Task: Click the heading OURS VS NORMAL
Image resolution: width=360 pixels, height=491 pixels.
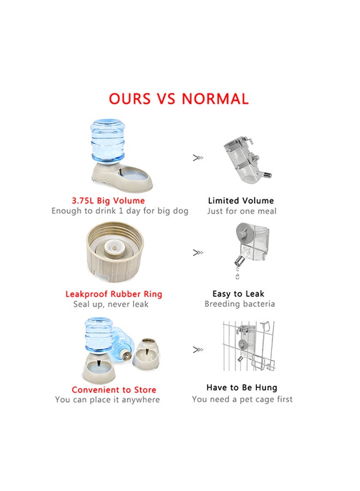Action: [178, 99]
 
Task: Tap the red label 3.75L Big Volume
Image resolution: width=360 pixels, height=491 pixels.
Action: [108, 201]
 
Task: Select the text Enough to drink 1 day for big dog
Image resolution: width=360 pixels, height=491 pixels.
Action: [120, 211]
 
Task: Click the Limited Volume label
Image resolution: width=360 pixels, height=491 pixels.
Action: [241, 201]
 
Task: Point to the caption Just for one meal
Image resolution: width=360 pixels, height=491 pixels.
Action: [242, 211]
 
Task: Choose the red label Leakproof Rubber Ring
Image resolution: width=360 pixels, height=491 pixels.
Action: [113, 294]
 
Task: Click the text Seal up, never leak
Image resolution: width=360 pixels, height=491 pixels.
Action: [111, 304]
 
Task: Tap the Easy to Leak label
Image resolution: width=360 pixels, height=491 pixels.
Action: [239, 294]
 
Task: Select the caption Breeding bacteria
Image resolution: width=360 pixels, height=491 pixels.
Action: [239, 304]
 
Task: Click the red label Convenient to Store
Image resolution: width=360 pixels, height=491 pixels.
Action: [113, 390]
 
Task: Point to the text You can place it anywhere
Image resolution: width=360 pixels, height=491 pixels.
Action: [107, 400]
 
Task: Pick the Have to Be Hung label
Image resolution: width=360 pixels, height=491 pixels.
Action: [242, 387]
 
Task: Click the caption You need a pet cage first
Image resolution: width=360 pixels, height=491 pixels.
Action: [242, 399]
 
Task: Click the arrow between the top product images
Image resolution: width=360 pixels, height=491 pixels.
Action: [197, 158]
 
